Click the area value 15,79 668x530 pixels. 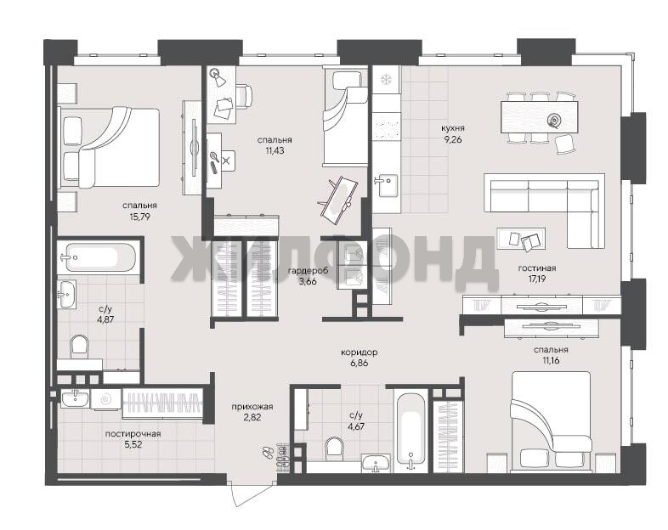[x=139, y=217]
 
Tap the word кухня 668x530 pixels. [x=453, y=128]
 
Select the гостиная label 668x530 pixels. [x=537, y=268]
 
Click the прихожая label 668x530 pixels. [x=252, y=407]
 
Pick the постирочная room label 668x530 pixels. [x=133, y=434]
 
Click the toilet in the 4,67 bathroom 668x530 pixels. [x=335, y=448]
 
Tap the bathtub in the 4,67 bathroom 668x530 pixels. [x=410, y=431]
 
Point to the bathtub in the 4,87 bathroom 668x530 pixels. [x=101, y=257]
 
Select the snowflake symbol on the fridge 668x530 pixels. [x=385, y=80]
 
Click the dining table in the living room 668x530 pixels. [x=540, y=117]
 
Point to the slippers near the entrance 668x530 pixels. [x=268, y=452]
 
